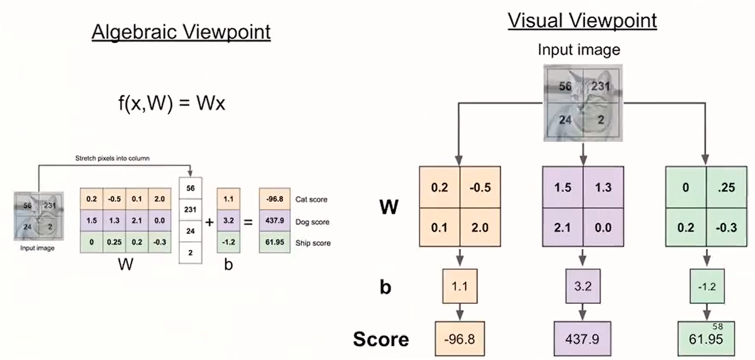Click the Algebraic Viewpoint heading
[x=181, y=32]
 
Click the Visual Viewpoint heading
[x=582, y=21]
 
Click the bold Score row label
[x=381, y=339]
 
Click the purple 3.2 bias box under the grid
[x=584, y=286]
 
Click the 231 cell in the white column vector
[x=190, y=210]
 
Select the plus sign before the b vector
[x=209, y=222]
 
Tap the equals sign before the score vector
[x=248, y=222]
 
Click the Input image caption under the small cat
[x=37, y=249]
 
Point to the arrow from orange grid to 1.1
[x=460, y=259]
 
